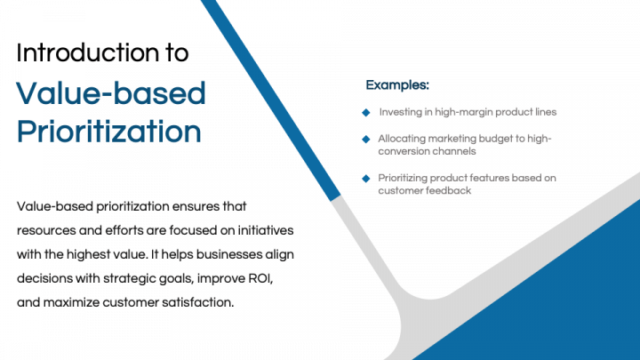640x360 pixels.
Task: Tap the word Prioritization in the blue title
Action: point(108,132)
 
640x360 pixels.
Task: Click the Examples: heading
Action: point(397,85)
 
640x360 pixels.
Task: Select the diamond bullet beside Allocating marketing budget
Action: point(365,139)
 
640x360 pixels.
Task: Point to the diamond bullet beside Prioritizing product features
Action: point(365,178)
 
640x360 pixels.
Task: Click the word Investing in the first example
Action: point(402,112)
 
